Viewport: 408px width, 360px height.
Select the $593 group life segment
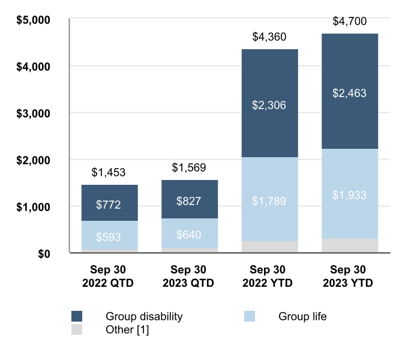(x=109, y=235)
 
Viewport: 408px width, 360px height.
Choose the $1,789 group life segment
(x=269, y=199)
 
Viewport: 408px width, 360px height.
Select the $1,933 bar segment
(x=349, y=194)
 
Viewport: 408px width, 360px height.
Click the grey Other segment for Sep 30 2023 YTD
(x=349, y=246)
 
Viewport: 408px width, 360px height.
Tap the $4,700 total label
(x=349, y=22)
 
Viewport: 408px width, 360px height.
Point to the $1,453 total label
(x=109, y=172)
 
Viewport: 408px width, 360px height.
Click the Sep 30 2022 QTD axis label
(x=109, y=275)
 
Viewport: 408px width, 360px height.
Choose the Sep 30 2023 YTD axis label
(x=349, y=275)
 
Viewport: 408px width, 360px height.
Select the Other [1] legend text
(x=127, y=329)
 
